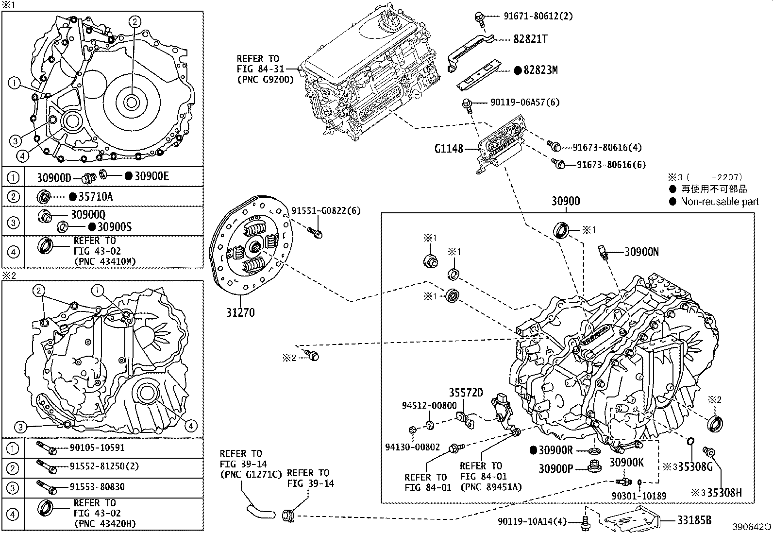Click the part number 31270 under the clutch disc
240,312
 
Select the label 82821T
530,39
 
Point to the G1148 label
449,148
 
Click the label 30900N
641,252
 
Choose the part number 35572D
466,393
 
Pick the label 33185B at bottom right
694,520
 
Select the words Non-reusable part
719,202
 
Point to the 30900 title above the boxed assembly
566,201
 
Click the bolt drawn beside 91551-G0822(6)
315,232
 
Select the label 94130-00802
413,447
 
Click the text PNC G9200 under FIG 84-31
265,79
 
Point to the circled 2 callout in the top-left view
135,21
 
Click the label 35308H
724,492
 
